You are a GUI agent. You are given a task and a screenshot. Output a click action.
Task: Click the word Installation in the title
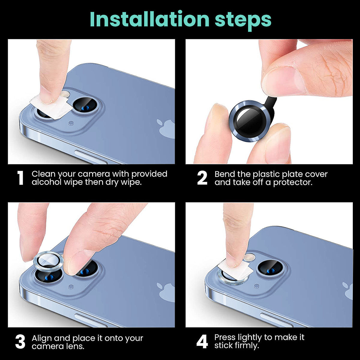click(x=149, y=19)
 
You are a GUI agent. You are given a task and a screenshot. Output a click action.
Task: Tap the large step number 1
click(x=20, y=178)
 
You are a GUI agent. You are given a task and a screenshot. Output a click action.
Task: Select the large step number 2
click(x=202, y=178)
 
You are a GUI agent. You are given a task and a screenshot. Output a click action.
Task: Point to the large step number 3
click(x=20, y=342)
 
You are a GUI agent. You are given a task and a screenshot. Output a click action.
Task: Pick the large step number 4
click(x=202, y=342)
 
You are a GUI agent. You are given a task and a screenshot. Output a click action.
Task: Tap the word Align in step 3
click(x=42, y=338)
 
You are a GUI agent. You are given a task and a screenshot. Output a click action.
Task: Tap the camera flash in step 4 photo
click(x=249, y=257)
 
